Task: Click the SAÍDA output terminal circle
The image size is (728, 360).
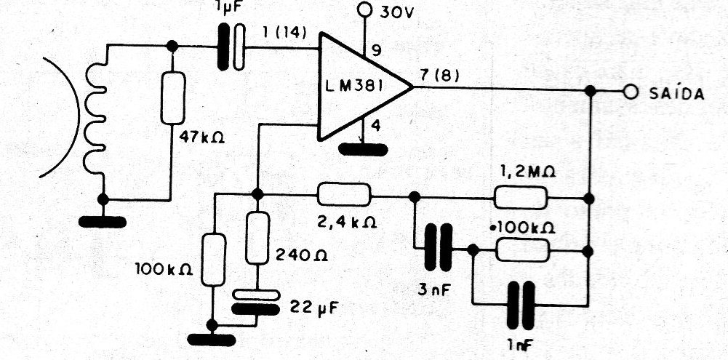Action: pyautogui.click(x=630, y=92)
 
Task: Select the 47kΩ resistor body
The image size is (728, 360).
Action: pyautogui.click(x=172, y=98)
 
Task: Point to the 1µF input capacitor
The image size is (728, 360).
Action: pyautogui.click(x=231, y=47)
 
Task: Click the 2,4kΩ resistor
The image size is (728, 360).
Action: pyautogui.click(x=344, y=194)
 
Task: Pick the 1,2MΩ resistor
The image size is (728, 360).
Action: pyautogui.click(x=520, y=197)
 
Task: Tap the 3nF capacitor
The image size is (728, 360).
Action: pyautogui.click(x=439, y=247)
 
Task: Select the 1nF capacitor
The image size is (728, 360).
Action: pyautogui.click(x=521, y=305)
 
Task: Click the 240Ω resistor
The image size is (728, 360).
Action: pyautogui.click(x=257, y=237)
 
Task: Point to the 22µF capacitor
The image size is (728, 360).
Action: pyautogui.click(x=256, y=302)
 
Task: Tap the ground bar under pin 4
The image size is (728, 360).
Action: pyautogui.click(x=363, y=150)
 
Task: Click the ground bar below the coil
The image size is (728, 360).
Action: pyautogui.click(x=102, y=222)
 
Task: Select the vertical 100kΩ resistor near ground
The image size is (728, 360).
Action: pyautogui.click(x=214, y=260)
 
